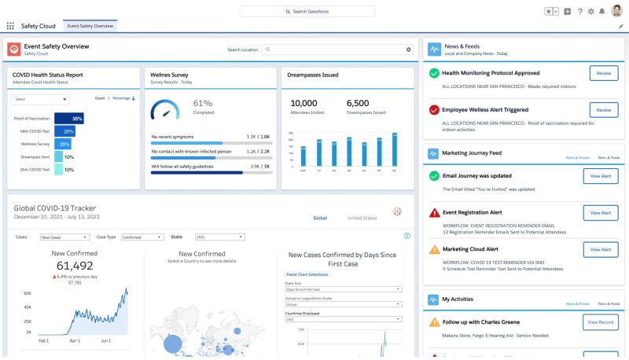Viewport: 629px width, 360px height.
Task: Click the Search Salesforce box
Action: coord(318,11)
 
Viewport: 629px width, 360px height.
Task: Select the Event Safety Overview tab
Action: coord(90,26)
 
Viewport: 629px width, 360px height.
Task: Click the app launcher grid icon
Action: coord(10,26)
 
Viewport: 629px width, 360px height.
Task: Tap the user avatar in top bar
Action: coord(616,11)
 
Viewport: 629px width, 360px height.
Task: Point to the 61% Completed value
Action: coord(203,103)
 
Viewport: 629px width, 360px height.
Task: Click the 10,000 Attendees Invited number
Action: coord(303,103)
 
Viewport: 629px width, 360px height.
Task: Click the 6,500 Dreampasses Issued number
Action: coord(358,103)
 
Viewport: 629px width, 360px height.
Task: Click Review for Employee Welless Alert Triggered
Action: coord(604,110)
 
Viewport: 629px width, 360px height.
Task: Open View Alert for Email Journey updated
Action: coord(601,176)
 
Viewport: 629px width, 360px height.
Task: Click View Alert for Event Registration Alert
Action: coord(601,213)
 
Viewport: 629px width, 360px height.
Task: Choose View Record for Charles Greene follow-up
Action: coord(601,321)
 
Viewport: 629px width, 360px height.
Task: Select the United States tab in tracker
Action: coord(362,218)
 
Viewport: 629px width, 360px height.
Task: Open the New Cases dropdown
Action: coord(63,237)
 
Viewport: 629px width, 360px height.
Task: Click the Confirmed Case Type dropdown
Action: coord(142,237)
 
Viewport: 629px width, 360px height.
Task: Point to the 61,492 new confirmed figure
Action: coord(75,266)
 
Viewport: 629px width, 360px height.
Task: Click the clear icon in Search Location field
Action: coord(408,50)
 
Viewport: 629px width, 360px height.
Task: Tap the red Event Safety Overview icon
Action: coord(14,50)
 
